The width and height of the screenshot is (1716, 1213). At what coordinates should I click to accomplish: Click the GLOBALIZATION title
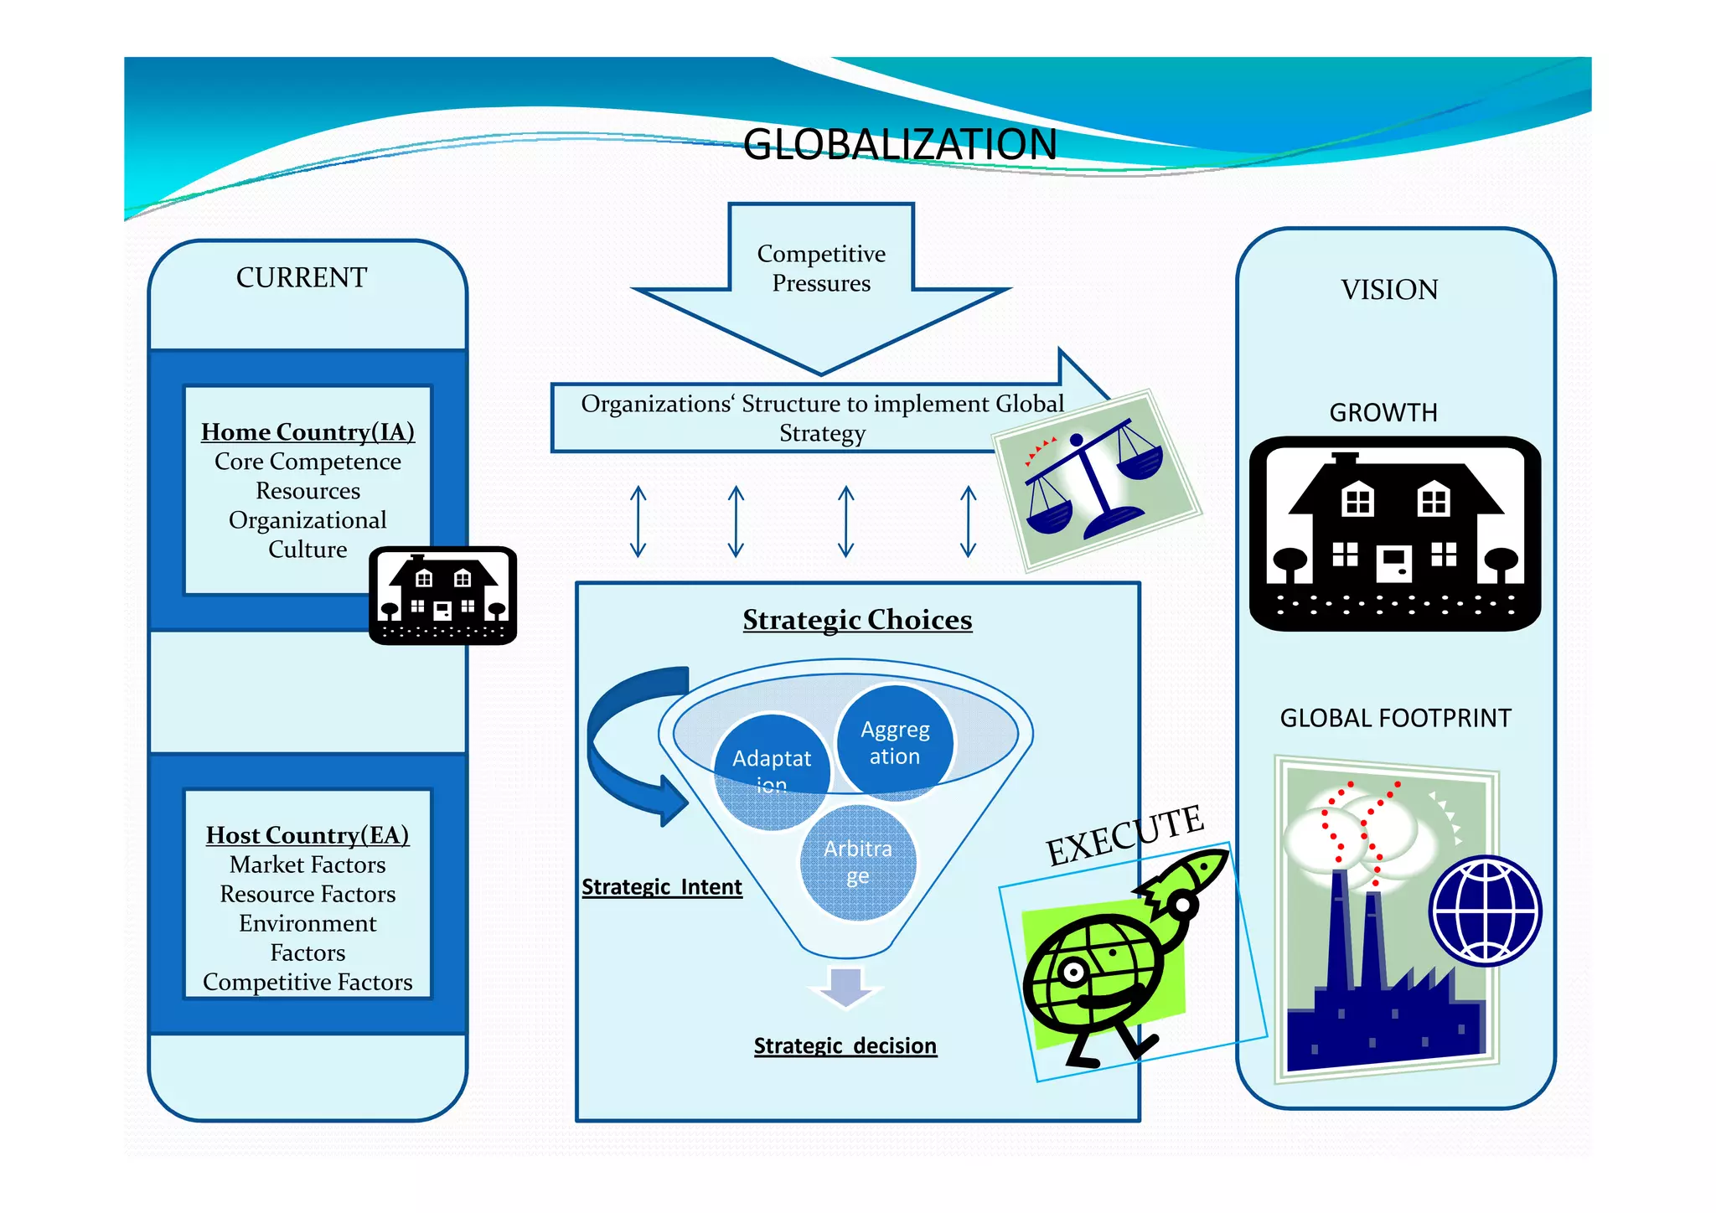[x=899, y=144]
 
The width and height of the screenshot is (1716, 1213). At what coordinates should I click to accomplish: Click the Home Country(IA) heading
[x=308, y=431]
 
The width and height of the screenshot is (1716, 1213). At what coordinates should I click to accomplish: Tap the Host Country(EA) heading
[x=308, y=835]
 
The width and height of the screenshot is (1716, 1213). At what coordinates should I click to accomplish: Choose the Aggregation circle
[x=895, y=741]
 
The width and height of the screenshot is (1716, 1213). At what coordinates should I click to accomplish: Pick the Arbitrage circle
[x=857, y=862]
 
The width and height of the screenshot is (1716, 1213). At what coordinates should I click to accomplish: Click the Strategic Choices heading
[x=857, y=620]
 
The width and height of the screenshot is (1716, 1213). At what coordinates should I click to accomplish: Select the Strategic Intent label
[x=662, y=886]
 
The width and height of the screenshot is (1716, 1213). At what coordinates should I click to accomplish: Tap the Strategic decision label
[x=845, y=1045]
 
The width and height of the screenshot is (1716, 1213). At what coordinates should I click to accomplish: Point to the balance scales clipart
[x=1095, y=480]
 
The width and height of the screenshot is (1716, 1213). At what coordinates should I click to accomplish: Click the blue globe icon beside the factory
[x=1485, y=911]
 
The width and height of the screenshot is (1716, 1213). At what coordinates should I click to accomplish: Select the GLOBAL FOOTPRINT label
[x=1395, y=718]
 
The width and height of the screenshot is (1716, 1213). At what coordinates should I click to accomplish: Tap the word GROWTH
[x=1383, y=413]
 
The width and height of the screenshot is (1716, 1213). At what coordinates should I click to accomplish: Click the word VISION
[x=1389, y=290]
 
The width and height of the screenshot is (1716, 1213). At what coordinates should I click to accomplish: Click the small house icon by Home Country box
[x=442, y=596]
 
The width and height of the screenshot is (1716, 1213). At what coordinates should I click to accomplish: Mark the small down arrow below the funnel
[x=845, y=987]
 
